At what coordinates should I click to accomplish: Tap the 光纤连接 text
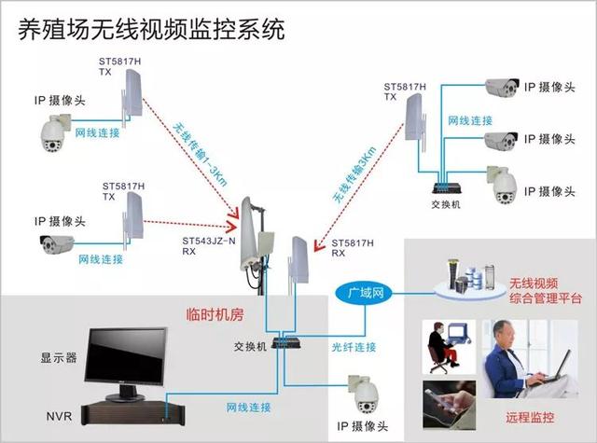[354, 346]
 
